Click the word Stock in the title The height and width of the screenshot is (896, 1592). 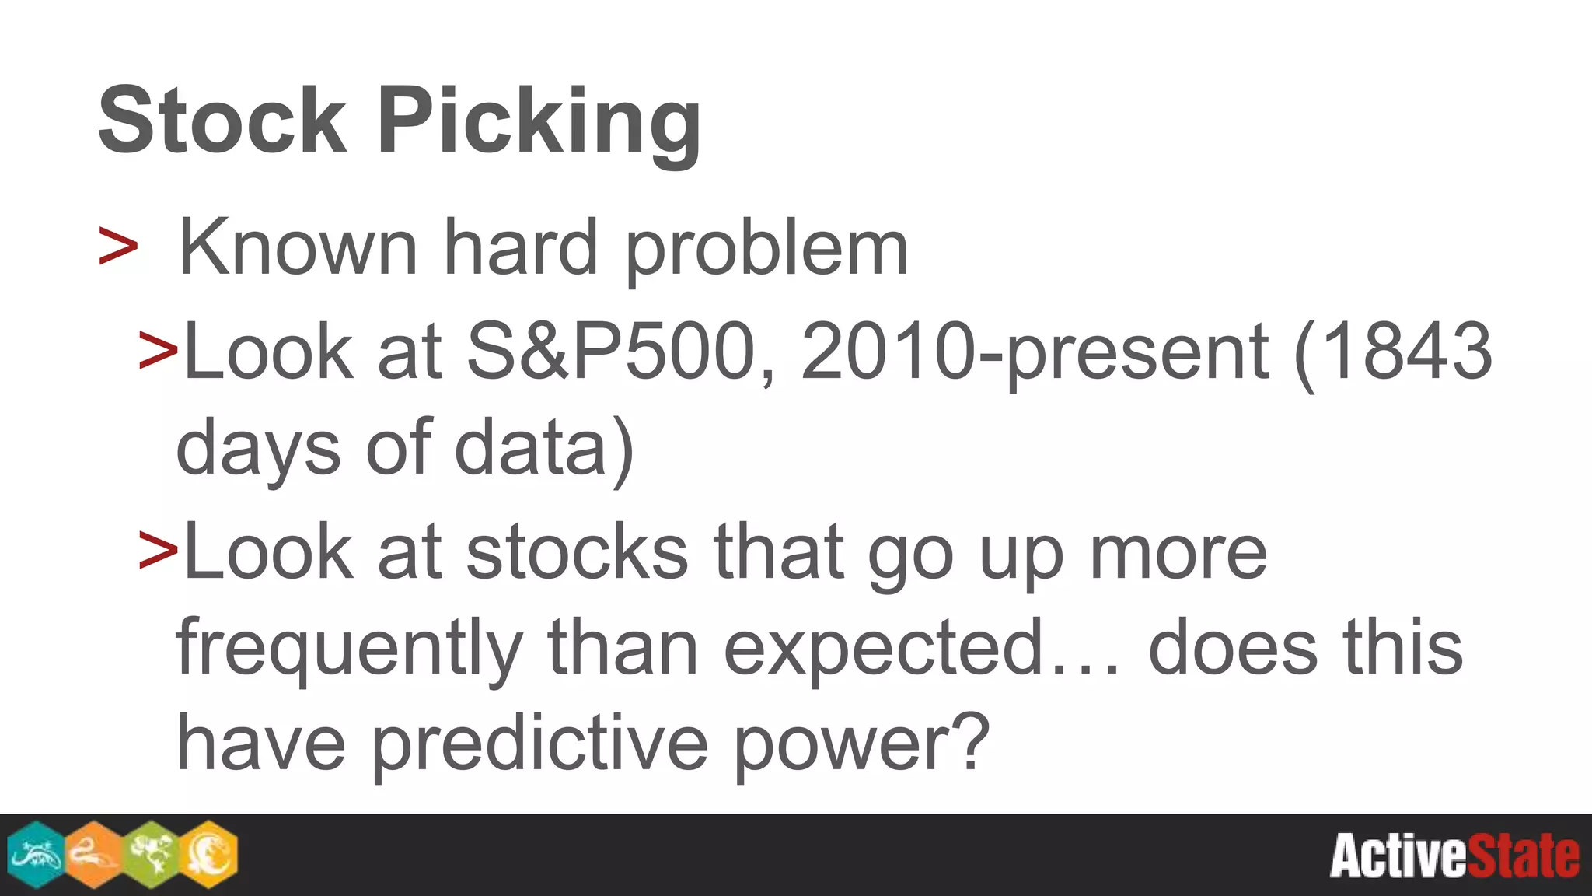(222, 122)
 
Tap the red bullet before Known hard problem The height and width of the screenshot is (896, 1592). (118, 247)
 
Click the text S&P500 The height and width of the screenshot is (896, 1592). (611, 352)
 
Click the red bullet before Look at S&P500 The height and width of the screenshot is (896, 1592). (158, 350)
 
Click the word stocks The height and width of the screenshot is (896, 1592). (577, 552)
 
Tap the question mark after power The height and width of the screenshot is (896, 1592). (972, 743)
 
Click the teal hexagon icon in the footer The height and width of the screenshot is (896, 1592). (35, 854)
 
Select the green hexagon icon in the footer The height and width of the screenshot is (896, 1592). (152, 854)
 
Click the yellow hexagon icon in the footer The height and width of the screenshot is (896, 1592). (210, 854)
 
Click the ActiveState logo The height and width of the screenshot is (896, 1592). (1454, 856)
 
